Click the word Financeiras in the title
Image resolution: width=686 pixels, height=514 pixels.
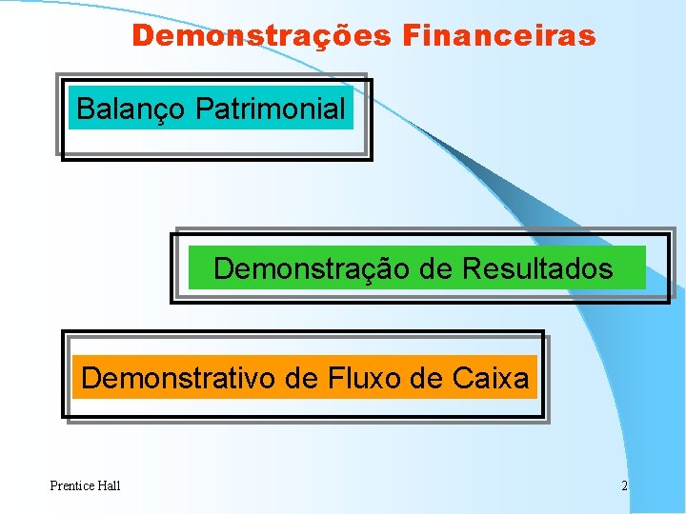click(499, 36)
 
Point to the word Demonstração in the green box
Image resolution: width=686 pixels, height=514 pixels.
click(312, 269)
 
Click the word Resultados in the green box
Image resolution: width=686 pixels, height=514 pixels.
click(537, 269)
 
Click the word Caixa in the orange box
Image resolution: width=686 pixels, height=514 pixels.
click(492, 379)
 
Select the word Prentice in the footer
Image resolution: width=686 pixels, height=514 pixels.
click(72, 486)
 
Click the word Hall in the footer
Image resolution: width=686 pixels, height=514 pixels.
click(109, 486)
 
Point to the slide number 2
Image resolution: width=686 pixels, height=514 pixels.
click(624, 486)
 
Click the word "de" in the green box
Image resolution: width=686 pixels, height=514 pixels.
click(435, 269)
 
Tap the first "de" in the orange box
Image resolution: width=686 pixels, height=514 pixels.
click(301, 379)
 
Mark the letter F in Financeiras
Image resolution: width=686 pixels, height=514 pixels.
click(411, 36)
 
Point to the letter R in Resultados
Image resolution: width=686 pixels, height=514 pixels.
click(471, 269)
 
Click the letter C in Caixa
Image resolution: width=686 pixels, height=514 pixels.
click(463, 379)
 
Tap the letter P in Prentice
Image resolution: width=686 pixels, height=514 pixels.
click(53, 486)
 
